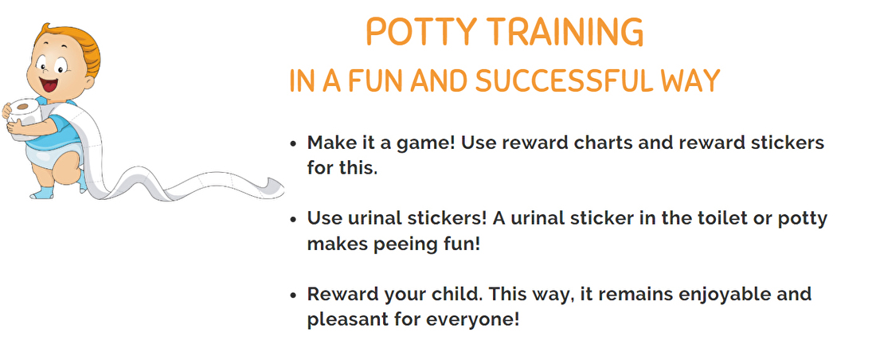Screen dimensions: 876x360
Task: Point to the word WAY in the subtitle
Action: tap(690, 81)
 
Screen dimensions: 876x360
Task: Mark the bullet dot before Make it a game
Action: tap(293, 143)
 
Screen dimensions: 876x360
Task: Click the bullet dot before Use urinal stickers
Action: tap(293, 219)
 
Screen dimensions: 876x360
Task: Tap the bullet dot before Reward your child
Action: tap(293, 295)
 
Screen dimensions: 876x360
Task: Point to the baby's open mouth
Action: tap(49, 85)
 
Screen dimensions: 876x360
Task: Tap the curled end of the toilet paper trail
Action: tap(274, 187)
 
